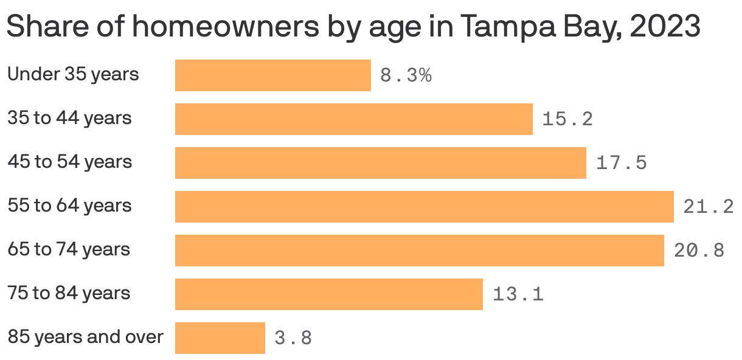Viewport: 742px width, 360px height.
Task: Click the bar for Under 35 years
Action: [x=272, y=75]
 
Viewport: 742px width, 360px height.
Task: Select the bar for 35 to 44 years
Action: [x=353, y=119]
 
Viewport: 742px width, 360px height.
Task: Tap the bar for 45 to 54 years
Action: [x=380, y=163]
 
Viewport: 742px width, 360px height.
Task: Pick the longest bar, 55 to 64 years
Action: [x=424, y=207]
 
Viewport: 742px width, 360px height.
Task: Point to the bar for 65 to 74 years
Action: [x=419, y=251]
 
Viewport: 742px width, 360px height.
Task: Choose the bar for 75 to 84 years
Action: [x=328, y=294]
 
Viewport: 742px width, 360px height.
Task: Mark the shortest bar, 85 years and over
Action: [x=220, y=338]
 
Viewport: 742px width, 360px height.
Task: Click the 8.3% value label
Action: [x=406, y=76]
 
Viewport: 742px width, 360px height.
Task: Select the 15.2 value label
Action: [x=567, y=119]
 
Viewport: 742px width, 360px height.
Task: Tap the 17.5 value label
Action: [x=621, y=163]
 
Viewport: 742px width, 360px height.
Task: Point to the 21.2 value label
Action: [x=708, y=207]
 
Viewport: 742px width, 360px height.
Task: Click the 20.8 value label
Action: [x=699, y=251]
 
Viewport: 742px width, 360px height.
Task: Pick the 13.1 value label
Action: [x=518, y=295]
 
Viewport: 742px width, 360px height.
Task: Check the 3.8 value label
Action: [x=293, y=339]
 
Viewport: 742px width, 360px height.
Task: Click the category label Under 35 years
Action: [x=73, y=74]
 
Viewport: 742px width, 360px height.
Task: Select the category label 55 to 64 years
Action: [x=69, y=206]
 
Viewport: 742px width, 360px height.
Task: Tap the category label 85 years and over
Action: [x=85, y=337]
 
